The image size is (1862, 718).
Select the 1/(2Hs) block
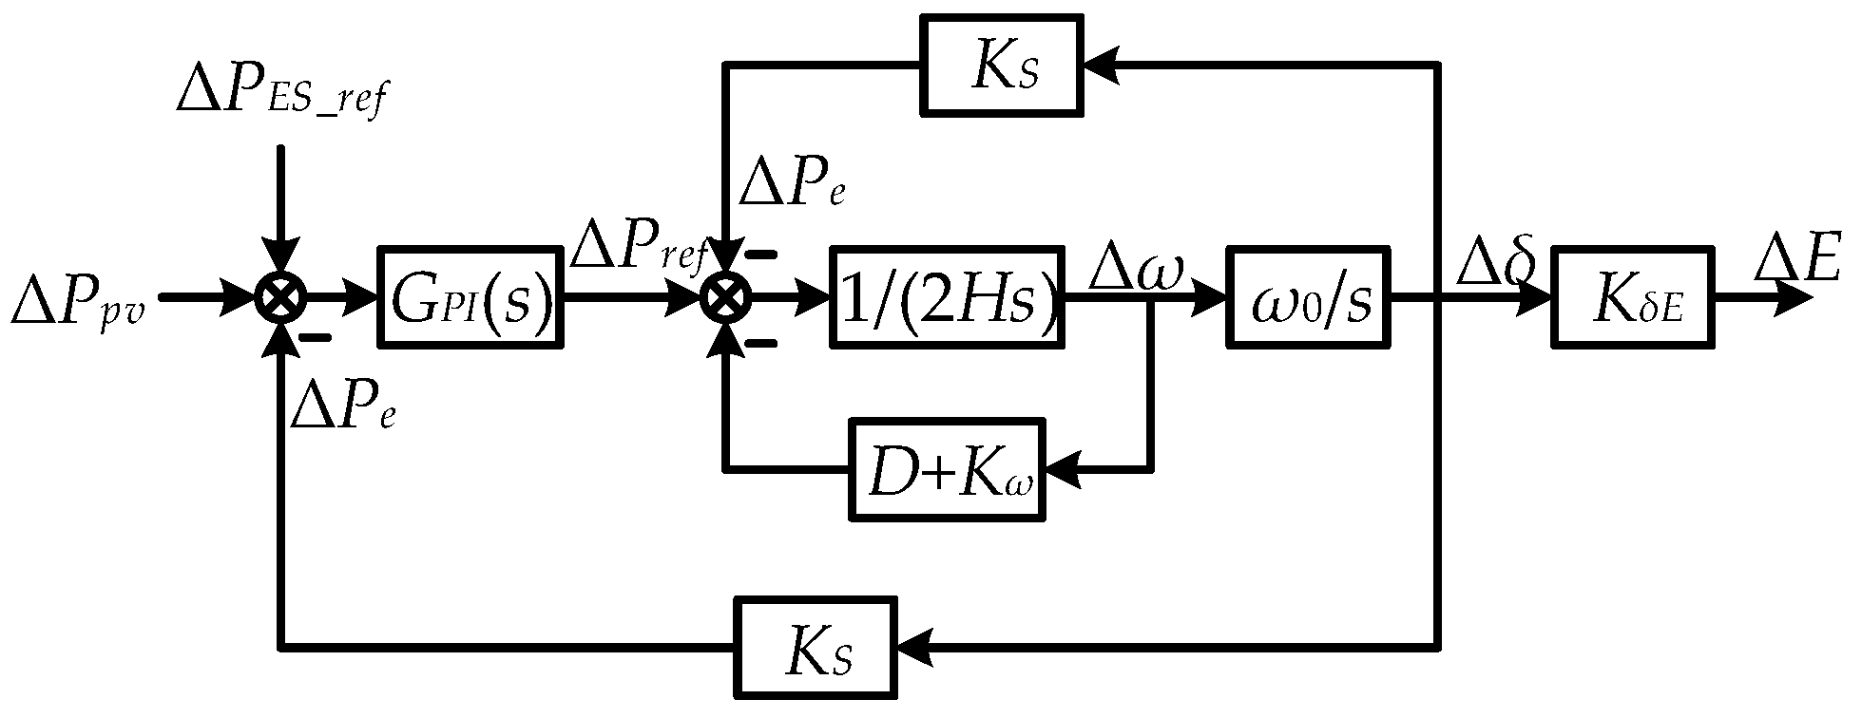pyautogui.click(x=948, y=297)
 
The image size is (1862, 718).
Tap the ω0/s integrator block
pyautogui.click(x=1308, y=297)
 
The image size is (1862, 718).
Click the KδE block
pyautogui.click(x=1634, y=297)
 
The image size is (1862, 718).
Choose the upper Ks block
pyautogui.click(x=1002, y=65)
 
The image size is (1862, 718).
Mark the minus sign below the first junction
pyautogui.click(x=315, y=337)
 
